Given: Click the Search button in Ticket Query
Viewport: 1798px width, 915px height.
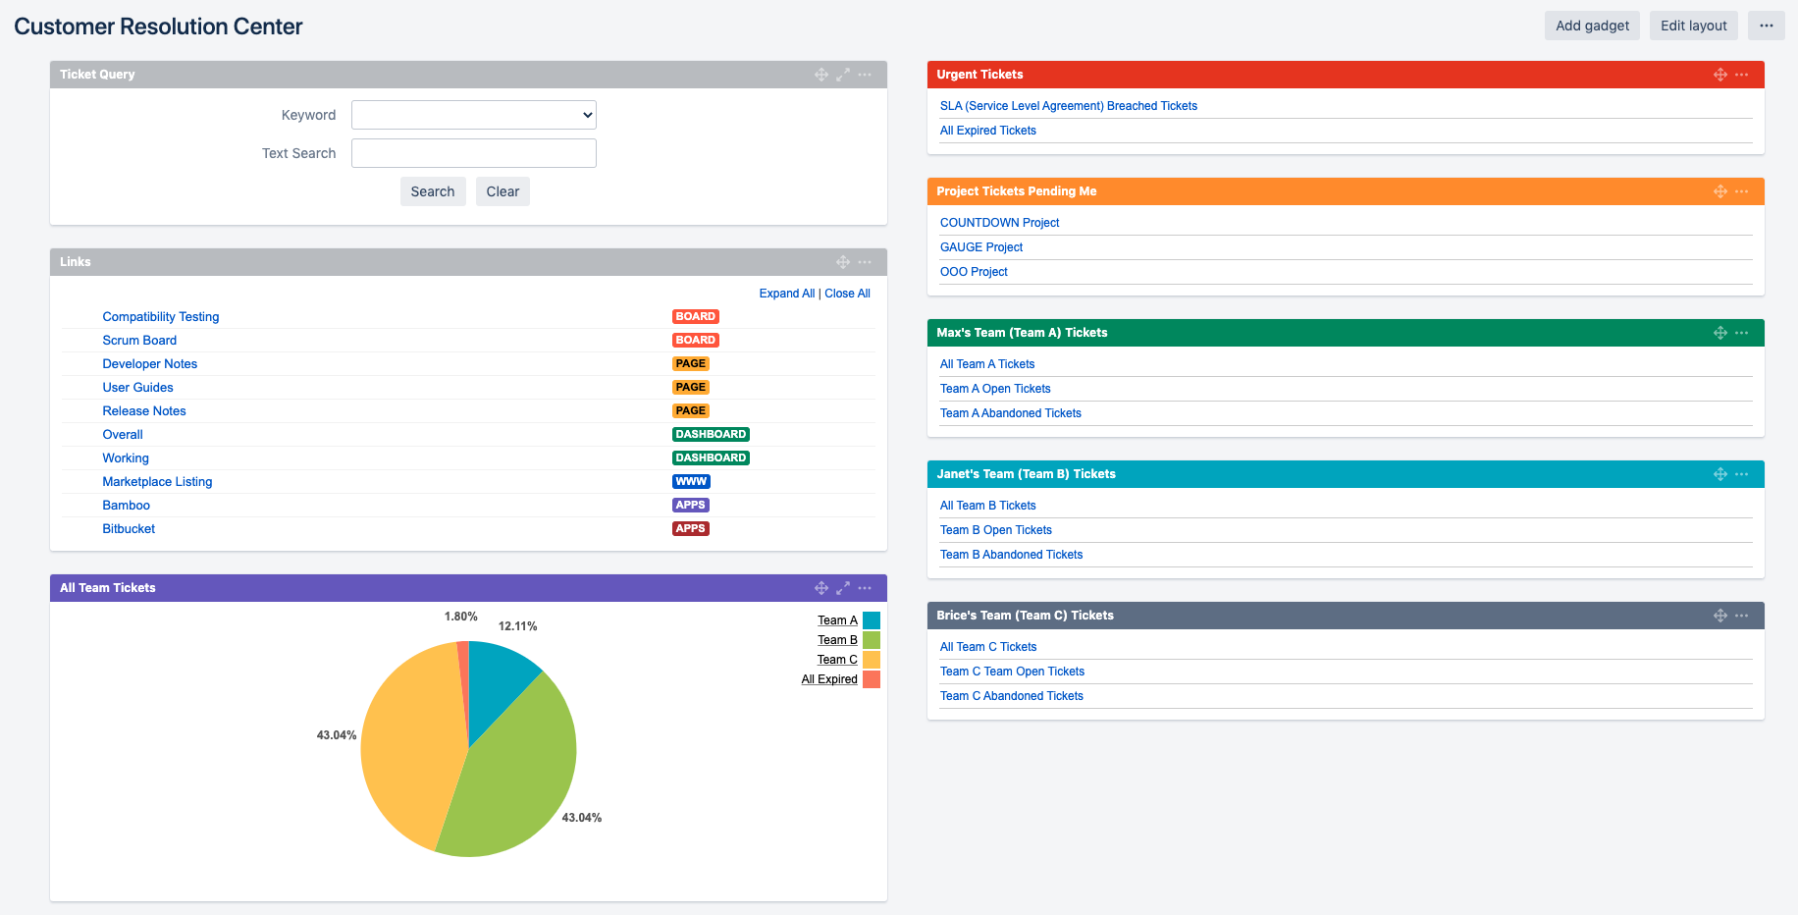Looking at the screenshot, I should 432,191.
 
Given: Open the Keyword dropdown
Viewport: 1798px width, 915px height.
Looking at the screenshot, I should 473,115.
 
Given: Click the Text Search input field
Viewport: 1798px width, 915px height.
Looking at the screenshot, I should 473,153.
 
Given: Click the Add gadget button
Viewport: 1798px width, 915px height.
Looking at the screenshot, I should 1592,26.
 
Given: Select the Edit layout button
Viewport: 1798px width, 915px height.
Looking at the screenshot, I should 1693,26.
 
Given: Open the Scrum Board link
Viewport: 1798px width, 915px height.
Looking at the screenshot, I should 139,341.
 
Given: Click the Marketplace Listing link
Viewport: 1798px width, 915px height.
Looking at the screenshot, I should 157,482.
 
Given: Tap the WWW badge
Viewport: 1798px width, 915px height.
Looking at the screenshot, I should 691,482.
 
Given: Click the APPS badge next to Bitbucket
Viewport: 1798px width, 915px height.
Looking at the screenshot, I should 690,529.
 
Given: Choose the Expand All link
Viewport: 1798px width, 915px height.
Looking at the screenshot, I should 786,294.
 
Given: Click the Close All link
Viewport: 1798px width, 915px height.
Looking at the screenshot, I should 847,294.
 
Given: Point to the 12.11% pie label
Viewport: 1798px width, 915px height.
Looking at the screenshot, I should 517,626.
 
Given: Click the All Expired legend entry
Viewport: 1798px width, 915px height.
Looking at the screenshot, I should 829,679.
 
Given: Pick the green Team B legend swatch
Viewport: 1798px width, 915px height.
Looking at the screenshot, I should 872,640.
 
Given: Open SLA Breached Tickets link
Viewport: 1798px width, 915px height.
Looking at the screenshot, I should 1068,106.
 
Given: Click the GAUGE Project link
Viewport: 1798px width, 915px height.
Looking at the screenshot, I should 980,247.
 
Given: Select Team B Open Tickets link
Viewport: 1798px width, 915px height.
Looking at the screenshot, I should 995,530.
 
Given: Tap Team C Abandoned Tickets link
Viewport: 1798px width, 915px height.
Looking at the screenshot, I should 1011,696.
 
